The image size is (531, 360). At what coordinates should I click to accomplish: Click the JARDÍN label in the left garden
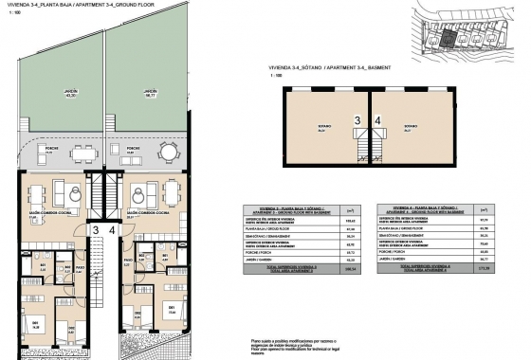[70, 93]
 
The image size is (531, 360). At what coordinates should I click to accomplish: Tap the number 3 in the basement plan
[357, 120]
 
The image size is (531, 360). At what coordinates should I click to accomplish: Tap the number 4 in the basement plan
[377, 120]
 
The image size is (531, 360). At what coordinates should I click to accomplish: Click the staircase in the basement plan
[358, 153]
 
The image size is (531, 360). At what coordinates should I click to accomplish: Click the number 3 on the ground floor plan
[96, 229]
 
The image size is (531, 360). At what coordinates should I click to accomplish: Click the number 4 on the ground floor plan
[112, 229]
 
